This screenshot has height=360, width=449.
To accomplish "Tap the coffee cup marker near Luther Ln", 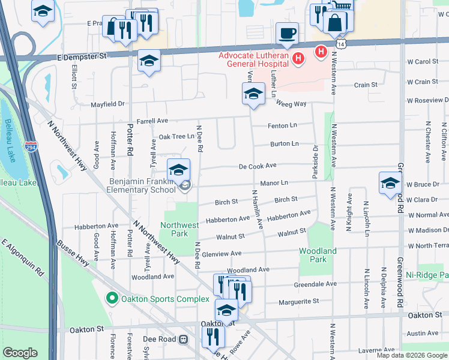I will coord(287,34).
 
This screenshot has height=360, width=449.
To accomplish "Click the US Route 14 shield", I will coord(341,44).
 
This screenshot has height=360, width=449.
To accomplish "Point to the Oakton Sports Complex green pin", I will coord(111,298).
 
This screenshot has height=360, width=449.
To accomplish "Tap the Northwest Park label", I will coord(179,229).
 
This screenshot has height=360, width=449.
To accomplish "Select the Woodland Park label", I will coord(318,255).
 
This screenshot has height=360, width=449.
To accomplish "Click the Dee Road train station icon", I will coord(184,339).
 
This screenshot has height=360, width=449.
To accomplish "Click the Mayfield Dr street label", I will coord(107,104).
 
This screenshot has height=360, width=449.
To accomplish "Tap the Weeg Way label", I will coord(291,104).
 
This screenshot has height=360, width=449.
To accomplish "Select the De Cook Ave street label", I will coord(257,166).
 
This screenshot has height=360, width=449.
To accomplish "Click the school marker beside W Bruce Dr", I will coord(390,183).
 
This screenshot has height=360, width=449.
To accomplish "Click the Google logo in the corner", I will coord(20,353).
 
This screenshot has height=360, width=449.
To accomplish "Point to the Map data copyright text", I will coord(412,355).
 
